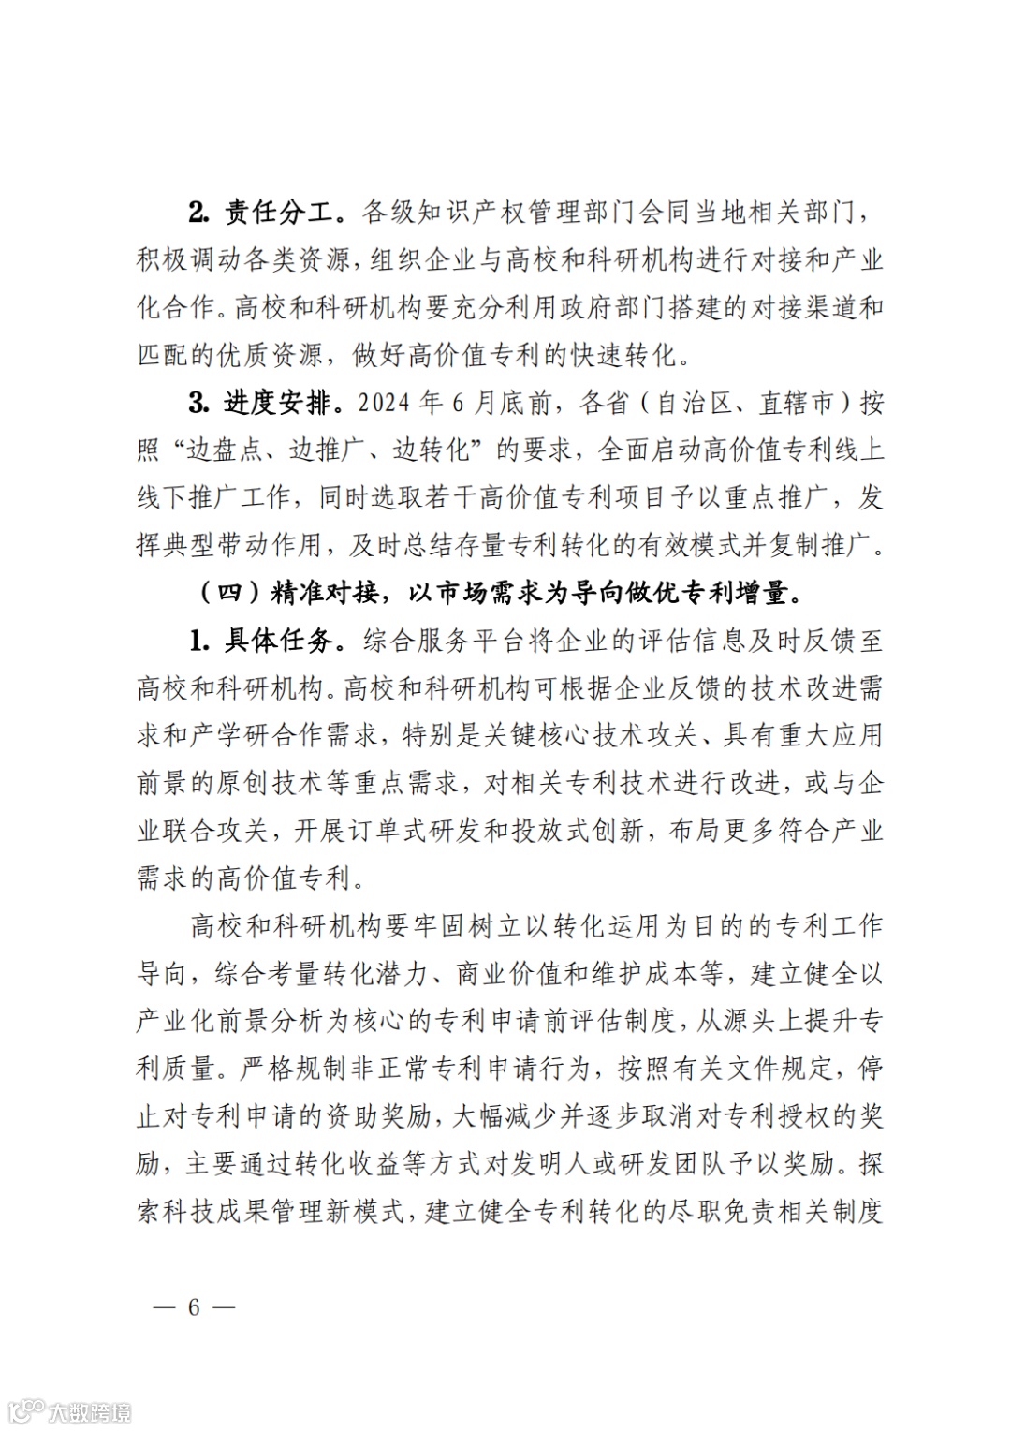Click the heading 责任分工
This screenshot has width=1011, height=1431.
277,213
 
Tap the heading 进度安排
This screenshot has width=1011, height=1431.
277,404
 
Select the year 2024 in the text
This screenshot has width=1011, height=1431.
384,404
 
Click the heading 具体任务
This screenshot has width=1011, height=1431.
277,642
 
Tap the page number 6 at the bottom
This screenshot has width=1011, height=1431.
194,1307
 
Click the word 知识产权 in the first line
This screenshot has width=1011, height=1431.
470,213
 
